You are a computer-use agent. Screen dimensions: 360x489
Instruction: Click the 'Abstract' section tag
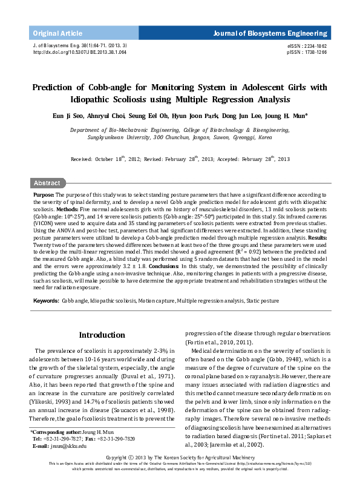click(x=47, y=183)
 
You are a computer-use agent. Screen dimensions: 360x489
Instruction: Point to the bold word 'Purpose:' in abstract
click(x=44, y=195)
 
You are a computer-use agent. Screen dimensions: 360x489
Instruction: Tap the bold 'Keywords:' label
click(x=46, y=301)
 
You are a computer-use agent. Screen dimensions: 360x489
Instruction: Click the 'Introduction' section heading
click(x=102, y=335)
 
